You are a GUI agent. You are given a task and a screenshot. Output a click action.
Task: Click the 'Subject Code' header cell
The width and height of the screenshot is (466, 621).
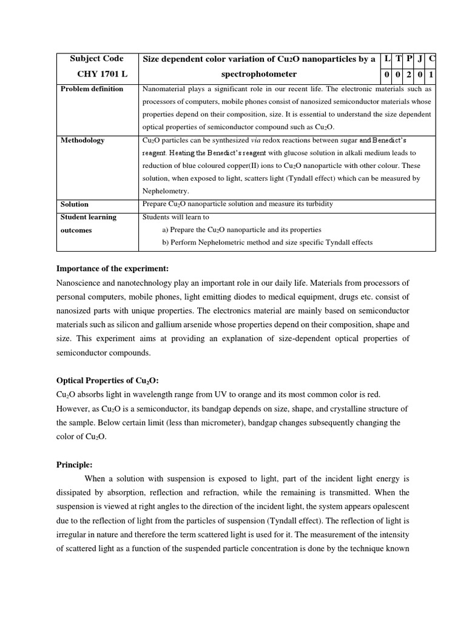[x=96, y=59]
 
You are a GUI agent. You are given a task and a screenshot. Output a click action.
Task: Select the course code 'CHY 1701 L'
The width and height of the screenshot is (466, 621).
[x=96, y=75]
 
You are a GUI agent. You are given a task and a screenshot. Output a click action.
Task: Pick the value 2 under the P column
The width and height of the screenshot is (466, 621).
[x=409, y=75]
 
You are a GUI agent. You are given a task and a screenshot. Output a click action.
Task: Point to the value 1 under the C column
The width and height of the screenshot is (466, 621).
[x=430, y=75]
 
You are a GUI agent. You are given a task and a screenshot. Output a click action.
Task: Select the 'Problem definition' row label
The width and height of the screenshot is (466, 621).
[x=92, y=89]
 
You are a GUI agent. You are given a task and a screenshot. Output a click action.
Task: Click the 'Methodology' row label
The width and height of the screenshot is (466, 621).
[x=83, y=140]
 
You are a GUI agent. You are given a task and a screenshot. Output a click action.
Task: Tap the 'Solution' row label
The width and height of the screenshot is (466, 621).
[x=75, y=204]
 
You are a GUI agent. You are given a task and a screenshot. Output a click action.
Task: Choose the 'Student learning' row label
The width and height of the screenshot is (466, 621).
[x=88, y=217]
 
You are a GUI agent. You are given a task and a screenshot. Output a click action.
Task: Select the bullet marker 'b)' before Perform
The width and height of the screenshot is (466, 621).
[x=166, y=243]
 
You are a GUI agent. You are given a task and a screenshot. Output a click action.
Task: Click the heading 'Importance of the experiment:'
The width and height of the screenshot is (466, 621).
[x=112, y=269]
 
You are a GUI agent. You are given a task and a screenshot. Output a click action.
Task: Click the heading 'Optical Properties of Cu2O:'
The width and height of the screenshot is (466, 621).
[x=107, y=380]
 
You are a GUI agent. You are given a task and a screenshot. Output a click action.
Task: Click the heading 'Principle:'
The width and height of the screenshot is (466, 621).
[x=74, y=465]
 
